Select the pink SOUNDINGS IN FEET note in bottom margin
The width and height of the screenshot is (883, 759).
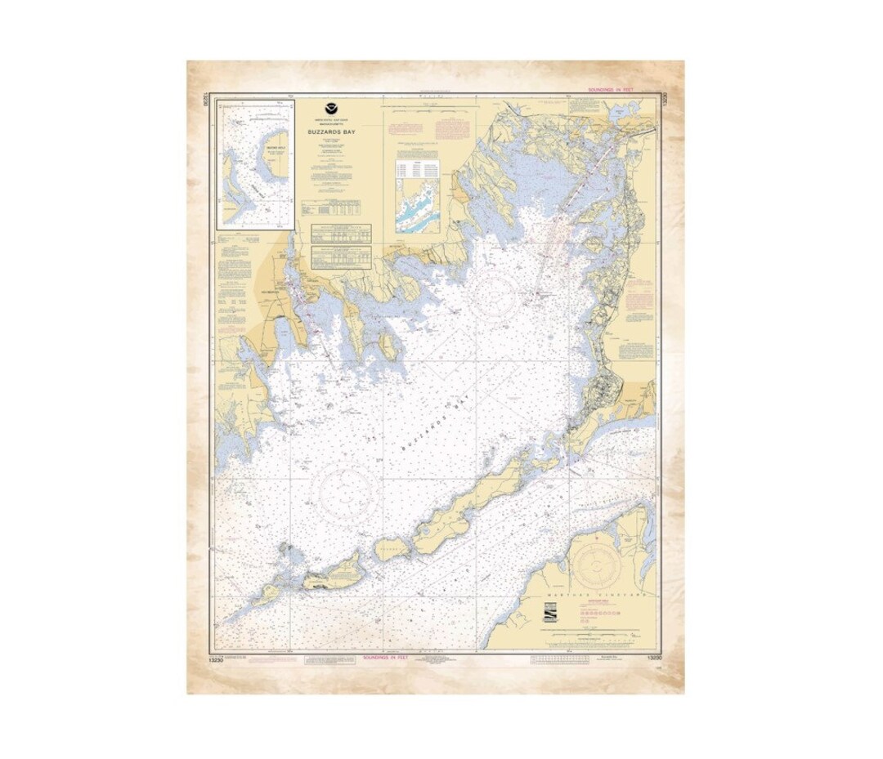click(389, 657)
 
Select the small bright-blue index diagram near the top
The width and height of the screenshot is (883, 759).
click(417, 206)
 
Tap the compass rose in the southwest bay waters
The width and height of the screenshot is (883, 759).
click(344, 492)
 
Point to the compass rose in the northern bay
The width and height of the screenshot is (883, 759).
click(492, 296)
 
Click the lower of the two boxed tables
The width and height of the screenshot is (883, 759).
click(341, 257)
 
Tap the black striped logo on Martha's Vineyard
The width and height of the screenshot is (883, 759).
click(551, 614)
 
